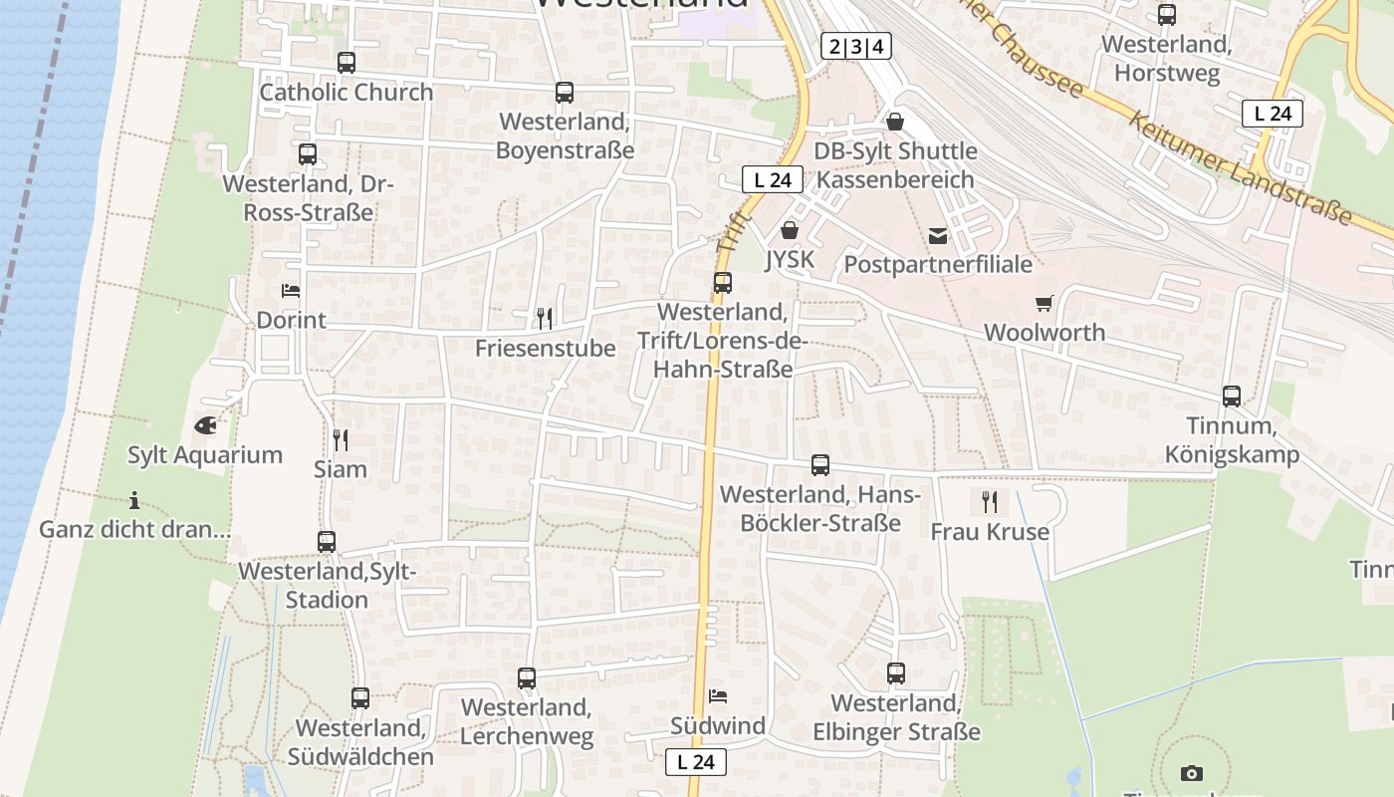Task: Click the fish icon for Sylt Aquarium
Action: coord(205,425)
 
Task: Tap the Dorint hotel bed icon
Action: coord(291,291)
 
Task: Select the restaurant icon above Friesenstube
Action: coord(544,319)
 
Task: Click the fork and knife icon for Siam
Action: coord(341,439)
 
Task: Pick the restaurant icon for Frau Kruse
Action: coord(989,501)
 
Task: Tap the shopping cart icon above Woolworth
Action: coord(1044,303)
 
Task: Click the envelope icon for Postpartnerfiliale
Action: coord(938,236)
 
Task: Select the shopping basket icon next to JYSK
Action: coord(790,231)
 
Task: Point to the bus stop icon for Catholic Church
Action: coord(347,63)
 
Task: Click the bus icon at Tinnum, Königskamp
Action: coord(1232,397)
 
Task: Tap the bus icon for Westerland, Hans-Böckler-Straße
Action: coord(820,465)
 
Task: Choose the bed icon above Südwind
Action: coord(718,695)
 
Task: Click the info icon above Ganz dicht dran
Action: coord(134,500)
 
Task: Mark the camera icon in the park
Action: coord(1191,773)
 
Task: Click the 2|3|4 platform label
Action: coord(856,46)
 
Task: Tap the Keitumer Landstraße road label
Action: coord(1241,167)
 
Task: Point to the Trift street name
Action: coord(731,231)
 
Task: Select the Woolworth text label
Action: coord(1045,333)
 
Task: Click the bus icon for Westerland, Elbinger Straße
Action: coord(896,673)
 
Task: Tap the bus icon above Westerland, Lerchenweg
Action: coord(527,678)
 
